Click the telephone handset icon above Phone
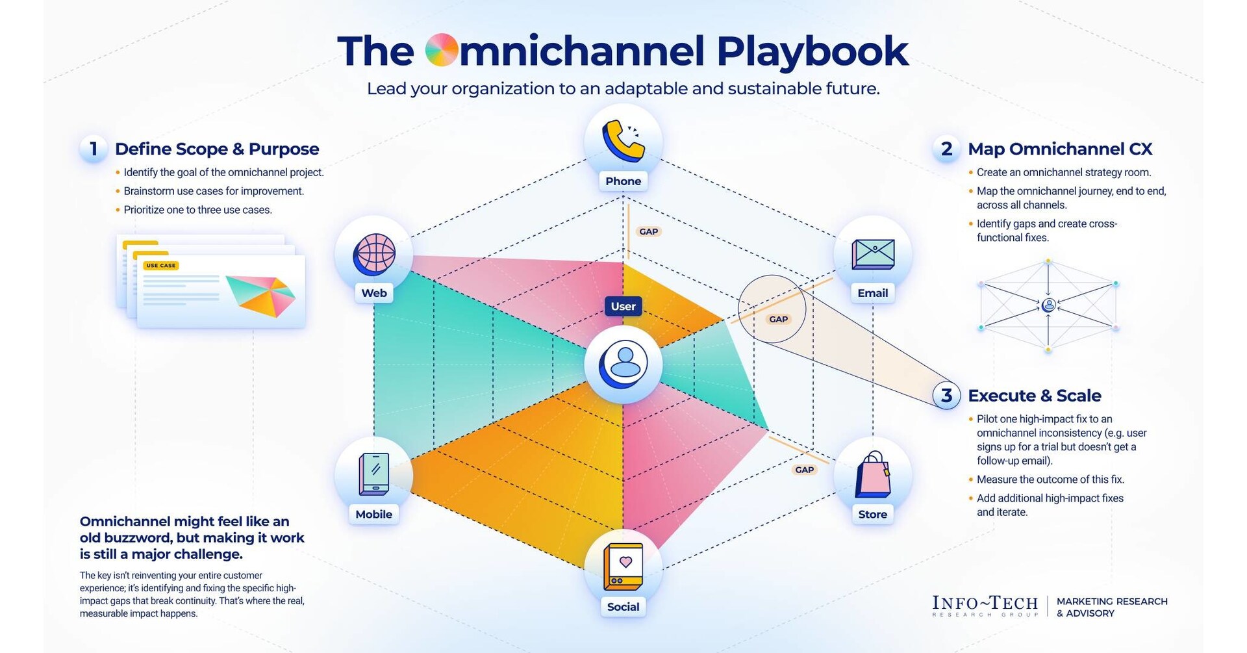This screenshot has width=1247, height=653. [x=623, y=141]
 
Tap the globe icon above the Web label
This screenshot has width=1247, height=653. [x=374, y=253]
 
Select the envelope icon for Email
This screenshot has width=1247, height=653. [x=872, y=253]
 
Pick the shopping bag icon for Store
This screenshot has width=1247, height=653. [x=872, y=474]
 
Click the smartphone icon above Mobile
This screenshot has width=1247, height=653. [x=374, y=474]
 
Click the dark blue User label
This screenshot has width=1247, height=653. [x=623, y=306]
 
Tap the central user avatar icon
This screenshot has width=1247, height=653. [x=623, y=364]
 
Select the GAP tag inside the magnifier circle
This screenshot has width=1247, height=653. [x=778, y=319]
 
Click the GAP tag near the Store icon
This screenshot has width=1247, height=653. [x=804, y=470]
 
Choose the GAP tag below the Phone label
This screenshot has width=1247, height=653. [x=648, y=231]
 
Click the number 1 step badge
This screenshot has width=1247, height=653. [x=94, y=149]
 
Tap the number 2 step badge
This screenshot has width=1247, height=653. [x=946, y=149]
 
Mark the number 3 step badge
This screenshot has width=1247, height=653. [x=946, y=395]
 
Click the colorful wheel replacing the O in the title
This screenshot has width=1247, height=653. [x=442, y=51]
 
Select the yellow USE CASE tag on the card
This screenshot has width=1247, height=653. [x=160, y=266]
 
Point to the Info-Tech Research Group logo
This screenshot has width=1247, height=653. [x=985, y=606]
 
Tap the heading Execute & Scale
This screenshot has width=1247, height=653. [x=1034, y=395]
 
